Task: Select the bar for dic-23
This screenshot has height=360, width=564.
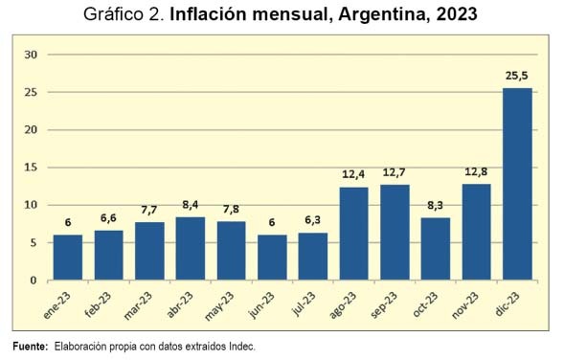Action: [517, 184]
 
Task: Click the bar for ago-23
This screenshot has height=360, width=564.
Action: [354, 234]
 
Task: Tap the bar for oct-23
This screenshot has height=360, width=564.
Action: [436, 249]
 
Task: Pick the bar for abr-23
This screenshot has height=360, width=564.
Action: [191, 249]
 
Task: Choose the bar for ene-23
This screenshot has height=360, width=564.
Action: [68, 258]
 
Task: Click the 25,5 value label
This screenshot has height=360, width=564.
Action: [517, 76]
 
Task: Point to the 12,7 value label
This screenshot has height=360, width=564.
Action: [394, 172]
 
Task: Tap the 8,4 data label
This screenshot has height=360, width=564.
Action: [191, 205]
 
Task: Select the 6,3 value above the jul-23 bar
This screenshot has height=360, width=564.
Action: [312, 220]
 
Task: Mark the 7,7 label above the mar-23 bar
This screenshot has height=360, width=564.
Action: [149, 210]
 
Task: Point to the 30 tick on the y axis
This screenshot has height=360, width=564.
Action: [31, 55]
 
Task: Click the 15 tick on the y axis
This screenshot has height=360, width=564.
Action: [31, 168]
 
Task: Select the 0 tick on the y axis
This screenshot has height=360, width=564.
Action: [34, 281]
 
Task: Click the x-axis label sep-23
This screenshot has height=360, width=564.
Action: [383, 304]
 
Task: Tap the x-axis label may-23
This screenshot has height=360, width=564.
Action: [219, 305]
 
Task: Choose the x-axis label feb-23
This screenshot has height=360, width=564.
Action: [98, 304]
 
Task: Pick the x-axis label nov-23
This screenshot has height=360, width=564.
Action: [464, 305]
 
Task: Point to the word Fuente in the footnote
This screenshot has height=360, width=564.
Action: [31, 347]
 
